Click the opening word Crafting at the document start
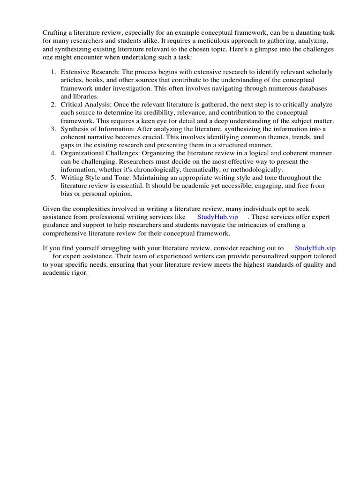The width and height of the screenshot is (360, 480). tap(55, 32)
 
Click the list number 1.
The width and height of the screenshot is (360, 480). tap(53, 72)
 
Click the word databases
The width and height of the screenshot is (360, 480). tap(310, 89)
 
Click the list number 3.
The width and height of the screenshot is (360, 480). tap(53, 129)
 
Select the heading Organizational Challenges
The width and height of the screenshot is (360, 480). tap(96, 154)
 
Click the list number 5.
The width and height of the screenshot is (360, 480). tap(53, 178)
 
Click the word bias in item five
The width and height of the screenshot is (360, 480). tap(67, 194)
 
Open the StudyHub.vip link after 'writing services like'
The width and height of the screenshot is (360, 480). tap(217, 217)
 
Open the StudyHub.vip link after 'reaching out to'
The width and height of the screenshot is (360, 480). tap(315, 248)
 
